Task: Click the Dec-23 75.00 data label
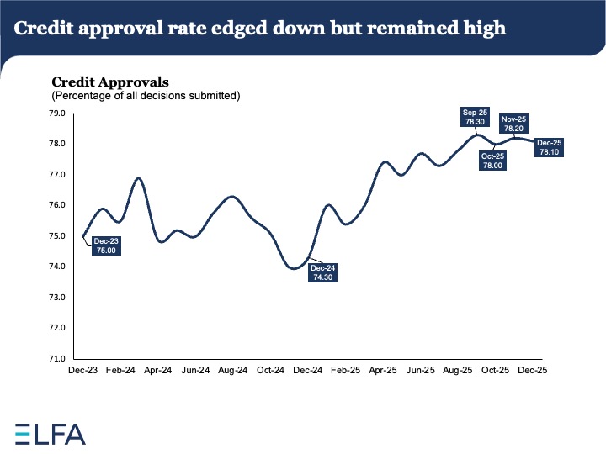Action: [106, 245]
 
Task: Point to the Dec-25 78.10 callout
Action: [551, 147]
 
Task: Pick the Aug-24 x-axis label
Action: [233, 370]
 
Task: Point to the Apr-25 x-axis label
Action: [384, 370]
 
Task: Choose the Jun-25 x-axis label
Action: [421, 370]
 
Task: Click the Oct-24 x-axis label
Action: [271, 370]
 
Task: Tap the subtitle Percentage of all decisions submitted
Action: [146, 96]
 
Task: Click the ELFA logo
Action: [50, 433]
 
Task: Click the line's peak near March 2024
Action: [139, 178]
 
